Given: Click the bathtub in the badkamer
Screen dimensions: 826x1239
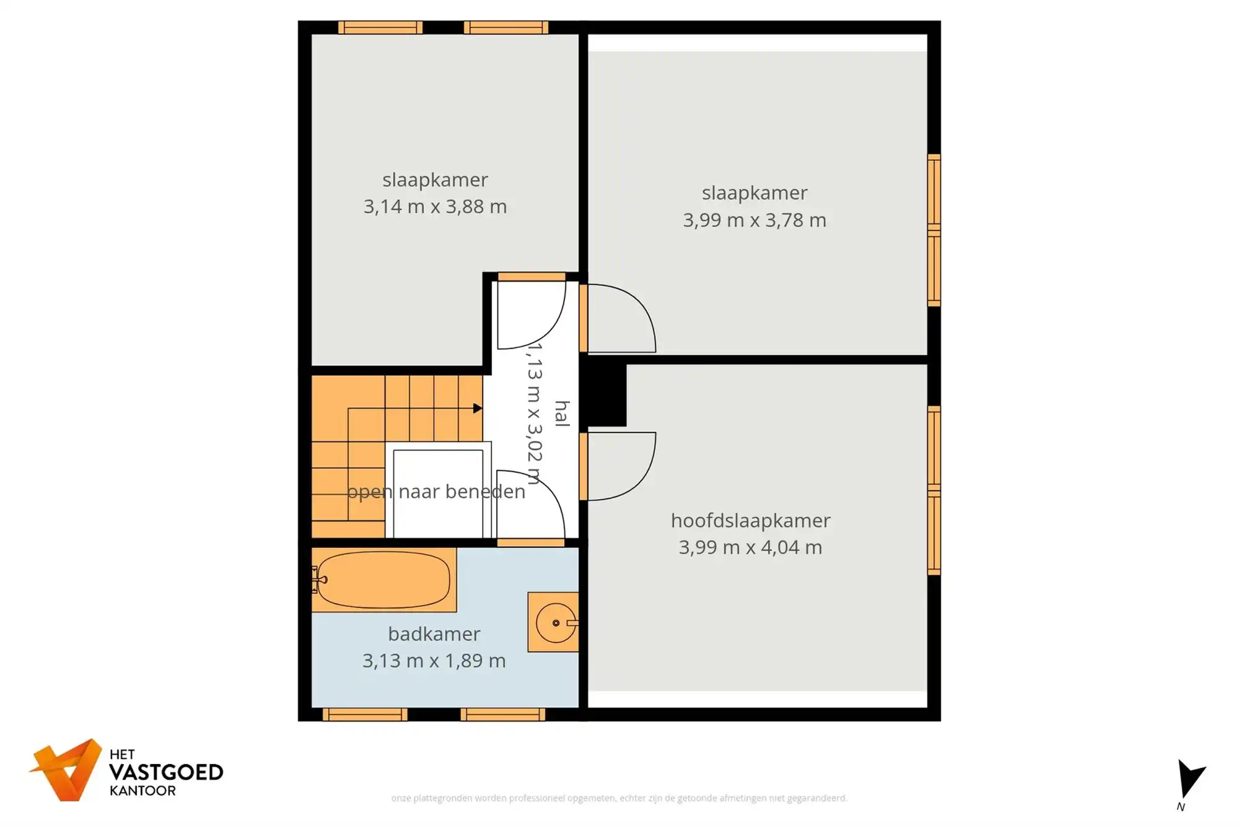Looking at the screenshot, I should (x=383, y=580).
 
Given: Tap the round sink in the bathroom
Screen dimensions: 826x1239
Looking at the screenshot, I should (x=555, y=622).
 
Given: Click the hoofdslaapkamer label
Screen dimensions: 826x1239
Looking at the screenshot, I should (x=750, y=521).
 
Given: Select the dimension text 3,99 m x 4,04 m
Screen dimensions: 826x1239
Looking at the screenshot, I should (x=750, y=547).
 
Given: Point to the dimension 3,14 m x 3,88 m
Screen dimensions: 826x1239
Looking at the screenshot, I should (x=435, y=206).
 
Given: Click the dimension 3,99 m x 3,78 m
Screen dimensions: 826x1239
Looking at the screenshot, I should (x=754, y=220).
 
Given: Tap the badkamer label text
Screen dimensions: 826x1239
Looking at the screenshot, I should (x=434, y=634).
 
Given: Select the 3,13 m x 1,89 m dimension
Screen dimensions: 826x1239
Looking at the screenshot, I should (x=434, y=661).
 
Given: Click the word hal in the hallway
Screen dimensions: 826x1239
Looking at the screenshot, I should (x=561, y=413).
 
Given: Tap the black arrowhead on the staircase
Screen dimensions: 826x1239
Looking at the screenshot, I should (x=477, y=408).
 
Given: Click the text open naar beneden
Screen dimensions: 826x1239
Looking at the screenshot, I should (x=436, y=492).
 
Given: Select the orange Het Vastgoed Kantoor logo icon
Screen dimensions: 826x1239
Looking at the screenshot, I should (x=68, y=770).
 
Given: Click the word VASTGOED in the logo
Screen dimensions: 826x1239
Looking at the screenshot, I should (x=165, y=772).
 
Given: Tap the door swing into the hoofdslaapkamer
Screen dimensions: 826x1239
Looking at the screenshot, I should (x=619, y=464).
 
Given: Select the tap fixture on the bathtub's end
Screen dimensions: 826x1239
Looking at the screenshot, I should (x=318, y=580).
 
